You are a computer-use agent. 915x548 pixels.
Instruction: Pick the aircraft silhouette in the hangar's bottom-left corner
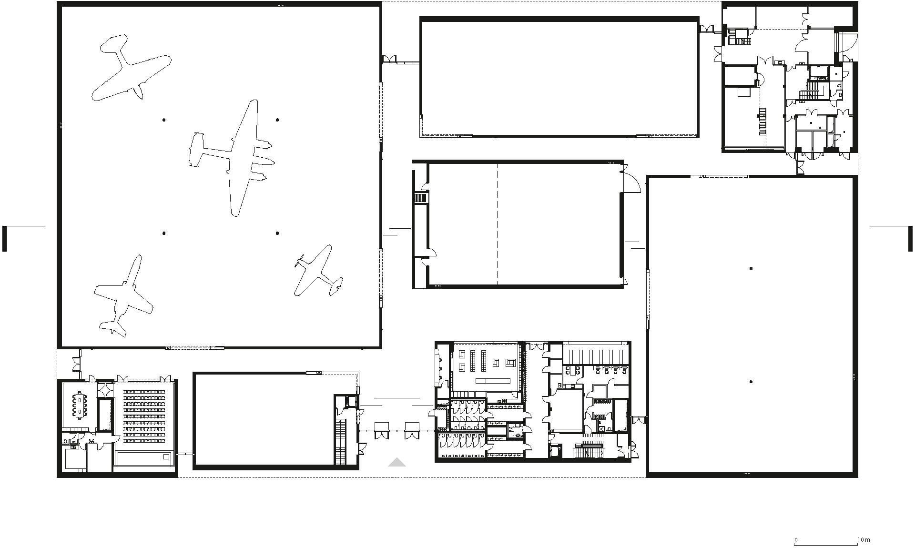(123, 294)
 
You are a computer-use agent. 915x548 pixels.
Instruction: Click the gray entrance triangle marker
(396, 462)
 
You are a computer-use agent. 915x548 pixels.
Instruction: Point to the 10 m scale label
(864, 540)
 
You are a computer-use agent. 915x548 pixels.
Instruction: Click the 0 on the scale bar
(796, 540)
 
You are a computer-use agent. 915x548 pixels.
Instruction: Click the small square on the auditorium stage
(166, 457)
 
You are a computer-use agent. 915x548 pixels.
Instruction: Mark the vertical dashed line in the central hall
(498, 224)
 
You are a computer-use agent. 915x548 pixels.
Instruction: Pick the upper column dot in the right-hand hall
(751, 268)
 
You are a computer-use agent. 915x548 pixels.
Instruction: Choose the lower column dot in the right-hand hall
(751, 382)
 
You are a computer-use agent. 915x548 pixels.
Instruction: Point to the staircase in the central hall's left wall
(421, 197)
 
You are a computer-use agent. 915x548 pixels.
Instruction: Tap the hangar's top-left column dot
(164, 120)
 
